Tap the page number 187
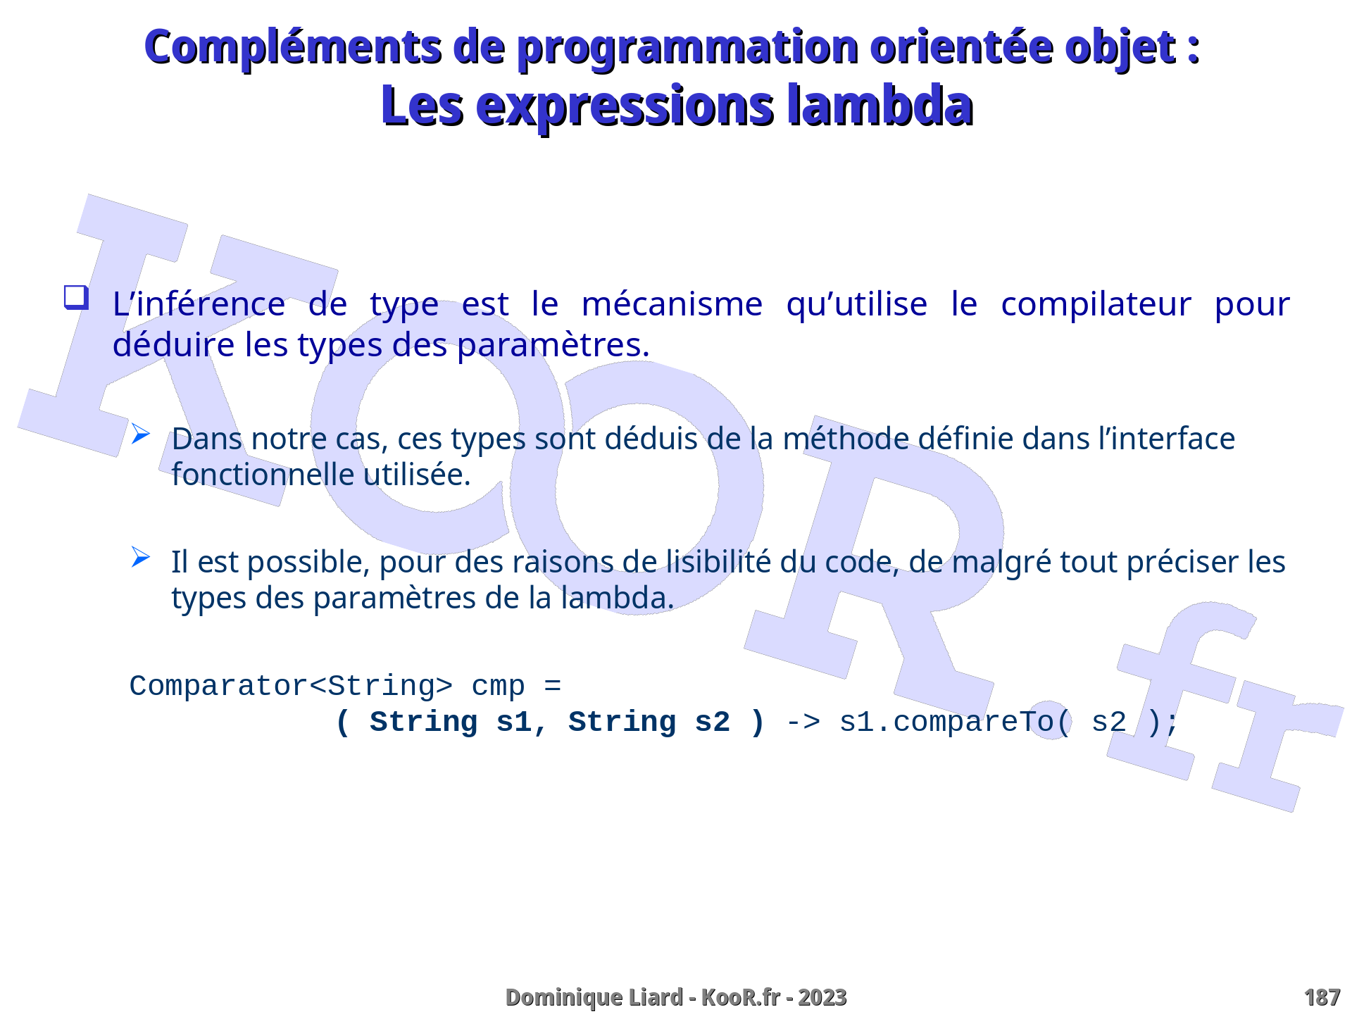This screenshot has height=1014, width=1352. pyautogui.click(x=1322, y=997)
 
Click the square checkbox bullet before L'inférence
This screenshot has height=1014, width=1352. pyautogui.click(x=76, y=297)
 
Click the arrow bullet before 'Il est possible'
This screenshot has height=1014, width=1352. pyautogui.click(x=141, y=558)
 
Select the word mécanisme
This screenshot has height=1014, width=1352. pyautogui.click(x=672, y=304)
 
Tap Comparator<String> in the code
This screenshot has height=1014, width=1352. pyautogui.click(x=291, y=686)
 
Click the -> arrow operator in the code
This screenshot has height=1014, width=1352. pyautogui.click(x=803, y=722)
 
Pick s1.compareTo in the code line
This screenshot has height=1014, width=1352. pyautogui.click(x=946, y=722)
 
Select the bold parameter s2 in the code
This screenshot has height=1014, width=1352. pyautogui.click(x=712, y=722)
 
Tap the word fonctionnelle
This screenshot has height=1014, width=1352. pyautogui.click(x=263, y=475)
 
